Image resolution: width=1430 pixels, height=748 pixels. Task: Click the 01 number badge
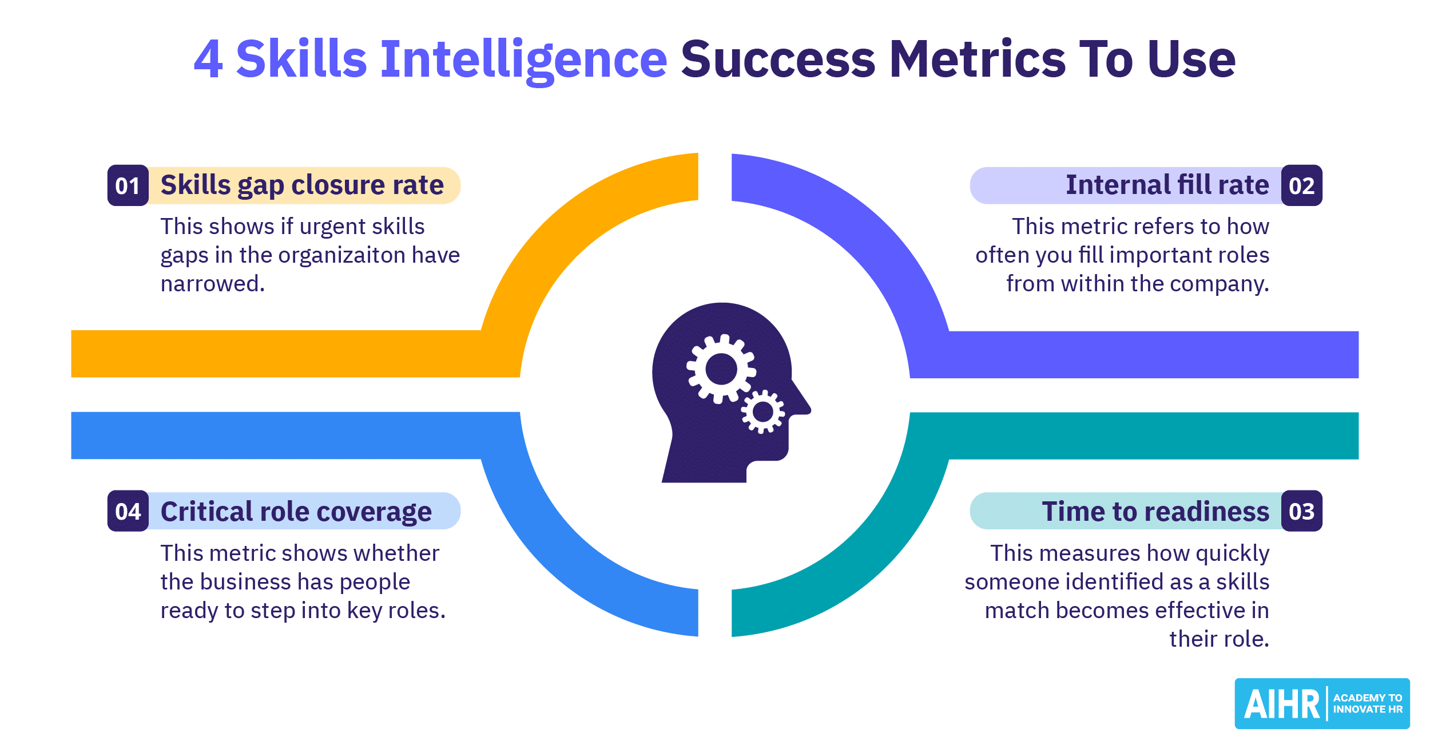click(128, 185)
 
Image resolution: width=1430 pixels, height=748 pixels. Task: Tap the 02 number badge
click(1302, 185)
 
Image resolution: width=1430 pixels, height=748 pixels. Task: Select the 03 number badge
click(1302, 511)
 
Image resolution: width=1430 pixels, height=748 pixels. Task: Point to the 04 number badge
click(128, 511)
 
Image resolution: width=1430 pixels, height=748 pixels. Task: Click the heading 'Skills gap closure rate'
click(302, 185)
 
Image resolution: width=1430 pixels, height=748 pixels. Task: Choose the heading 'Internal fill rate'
click(1167, 185)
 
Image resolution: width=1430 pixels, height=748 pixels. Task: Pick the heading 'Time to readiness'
click(1155, 511)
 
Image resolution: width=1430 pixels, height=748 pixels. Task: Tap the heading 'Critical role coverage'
click(296, 512)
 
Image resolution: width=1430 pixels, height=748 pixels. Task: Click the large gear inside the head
click(721, 369)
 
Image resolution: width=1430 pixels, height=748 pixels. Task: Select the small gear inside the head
click(763, 411)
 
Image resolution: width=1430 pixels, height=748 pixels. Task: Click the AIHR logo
click(1322, 703)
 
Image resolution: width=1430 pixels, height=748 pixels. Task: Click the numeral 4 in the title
click(208, 58)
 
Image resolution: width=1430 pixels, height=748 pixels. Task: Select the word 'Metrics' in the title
click(978, 58)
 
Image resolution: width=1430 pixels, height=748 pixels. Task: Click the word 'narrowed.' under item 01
click(213, 284)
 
